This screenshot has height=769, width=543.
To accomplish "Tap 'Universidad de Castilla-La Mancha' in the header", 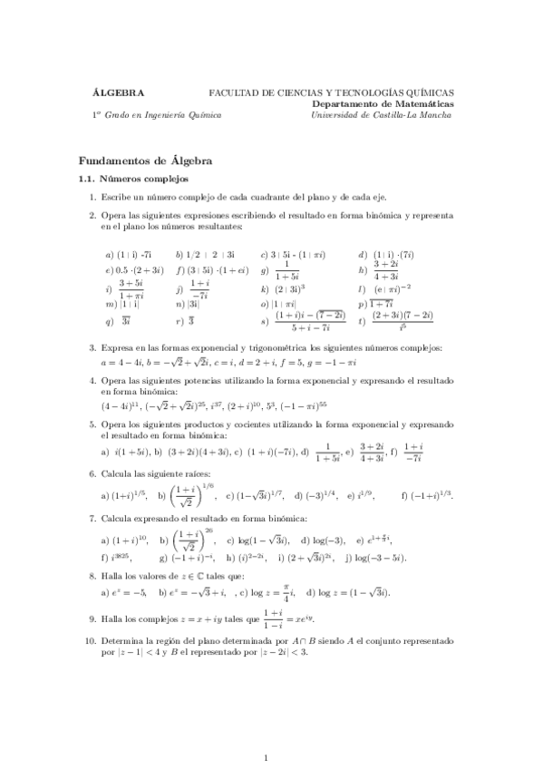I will click(x=382, y=115).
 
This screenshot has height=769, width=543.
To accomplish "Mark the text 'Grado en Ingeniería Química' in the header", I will click(x=163, y=115).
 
